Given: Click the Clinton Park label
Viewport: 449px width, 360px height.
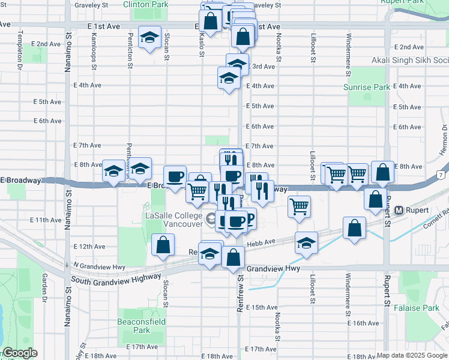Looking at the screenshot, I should (x=145, y=4).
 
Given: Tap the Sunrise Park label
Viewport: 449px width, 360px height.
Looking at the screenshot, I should (x=366, y=87).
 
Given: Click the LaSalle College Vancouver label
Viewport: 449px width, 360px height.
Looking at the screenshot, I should (x=173, y=220).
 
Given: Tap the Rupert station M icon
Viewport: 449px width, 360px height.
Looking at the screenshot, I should (x=399, y=211).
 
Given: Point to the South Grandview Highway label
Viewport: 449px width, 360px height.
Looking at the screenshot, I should (x=116, y=278).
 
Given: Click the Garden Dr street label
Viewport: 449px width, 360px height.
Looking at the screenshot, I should (x=44, y=287).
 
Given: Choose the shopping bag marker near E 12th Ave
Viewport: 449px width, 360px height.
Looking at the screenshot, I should (x=163, y=244).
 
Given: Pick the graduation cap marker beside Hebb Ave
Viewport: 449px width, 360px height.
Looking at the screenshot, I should (x=306, y=243).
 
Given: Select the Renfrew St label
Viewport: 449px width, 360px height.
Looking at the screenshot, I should (x=240, y=289).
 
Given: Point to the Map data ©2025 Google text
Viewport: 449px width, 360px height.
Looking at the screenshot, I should (x=411, y=355).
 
